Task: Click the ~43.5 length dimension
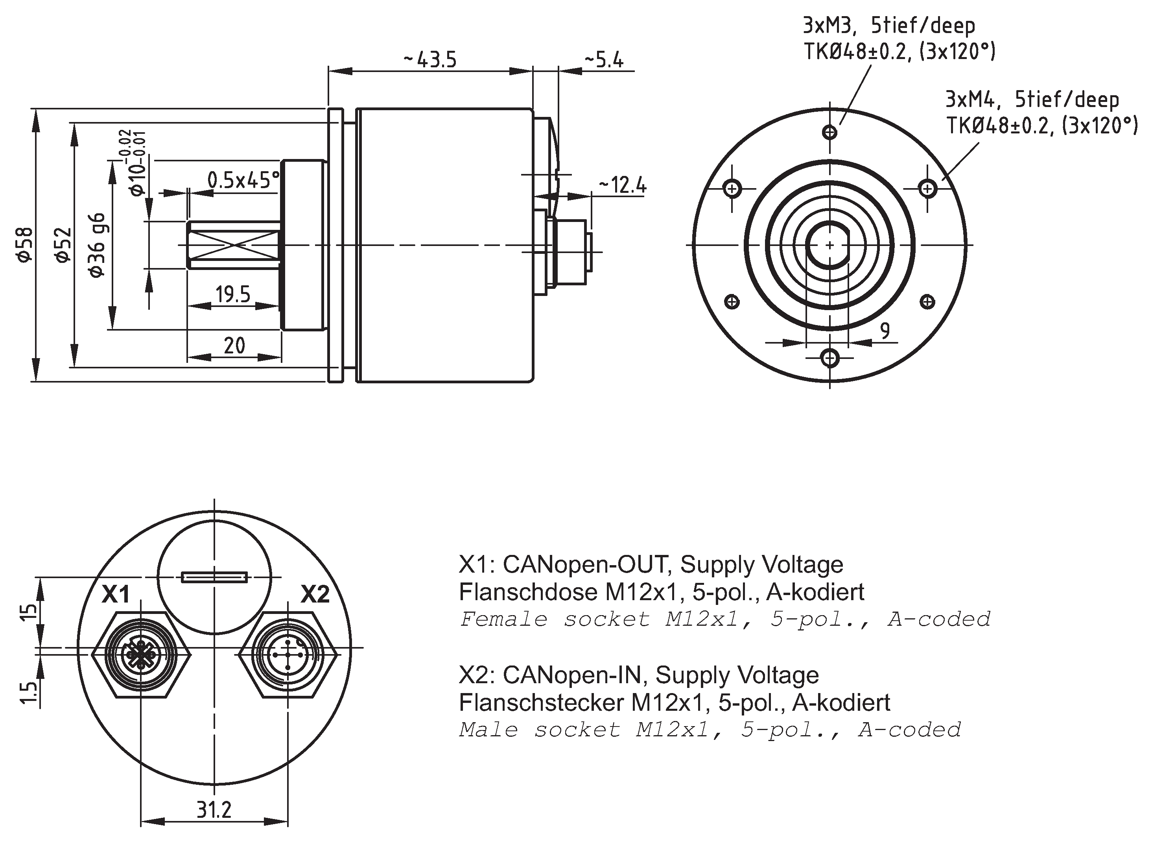click(x=430, y=60)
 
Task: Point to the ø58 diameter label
click(x=26, y=245)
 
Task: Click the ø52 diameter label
click(x=63, y=245)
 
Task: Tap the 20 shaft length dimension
click(x=234, y=346)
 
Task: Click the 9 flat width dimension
click(x=885, y=331)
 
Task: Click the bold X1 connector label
click(x=116, y=594)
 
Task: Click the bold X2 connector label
click(x=315, y=594)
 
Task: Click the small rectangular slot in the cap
click(x=214, y=577)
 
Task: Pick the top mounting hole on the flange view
click(x=830, y=133)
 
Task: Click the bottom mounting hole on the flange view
click(x=830, y=358)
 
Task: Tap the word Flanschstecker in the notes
click(x=541, y=702)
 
